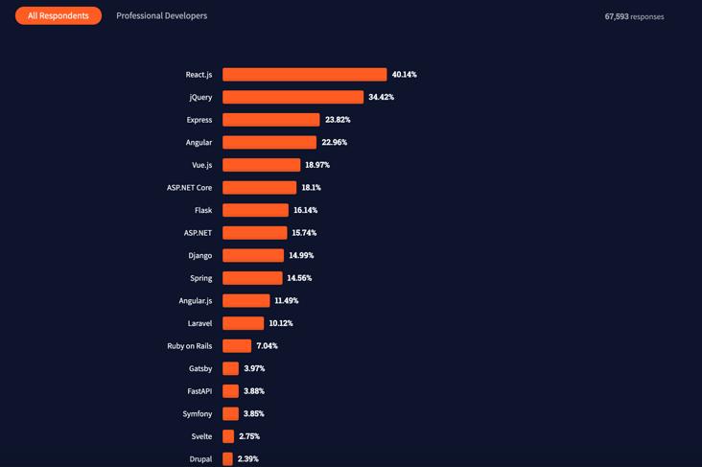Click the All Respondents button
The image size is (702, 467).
pyautogui.click(x=58, y=15)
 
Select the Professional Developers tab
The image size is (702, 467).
pyautogui.click(x=161, y=15)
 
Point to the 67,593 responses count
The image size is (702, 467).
pyautogui.click(x=634, y=16)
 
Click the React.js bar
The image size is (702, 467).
pyautogui.click(x=304, y=75)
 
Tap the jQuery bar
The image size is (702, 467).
pyautogui.click(x=292, y=97)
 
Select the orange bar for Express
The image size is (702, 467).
pyautogui.click(x=270, y=120)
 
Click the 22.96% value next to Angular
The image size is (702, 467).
pyautogui.click(x=335, y=142)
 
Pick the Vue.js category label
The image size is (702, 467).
pyautogui.click(x=201, y=165)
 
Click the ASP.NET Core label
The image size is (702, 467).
pyautogui.click(x=189, y=188)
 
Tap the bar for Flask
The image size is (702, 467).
pyautogui.click(x=255, y=210)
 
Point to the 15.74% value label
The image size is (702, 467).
pyautogui.click(x=304, y=233)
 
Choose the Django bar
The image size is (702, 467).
pyautogui.click(x=253, y=255)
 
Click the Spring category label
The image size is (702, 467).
pyautogui.click(x=200, y=278)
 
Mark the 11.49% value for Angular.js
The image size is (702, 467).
pyautogui.click(x=287, y=301)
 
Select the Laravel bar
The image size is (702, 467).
pyautogui.click(x=243, y=323)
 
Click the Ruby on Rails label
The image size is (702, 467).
pyautogui.click(x=189, y=346)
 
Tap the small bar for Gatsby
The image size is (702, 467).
pyautogui.click(x=230, y=368)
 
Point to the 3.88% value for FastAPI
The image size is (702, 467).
pyautogui.click(x=254, y=391)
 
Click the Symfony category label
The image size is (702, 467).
pyautogui.click(x=198, y=414)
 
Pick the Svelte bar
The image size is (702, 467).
pyautogui.click(x=228, y=436)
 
